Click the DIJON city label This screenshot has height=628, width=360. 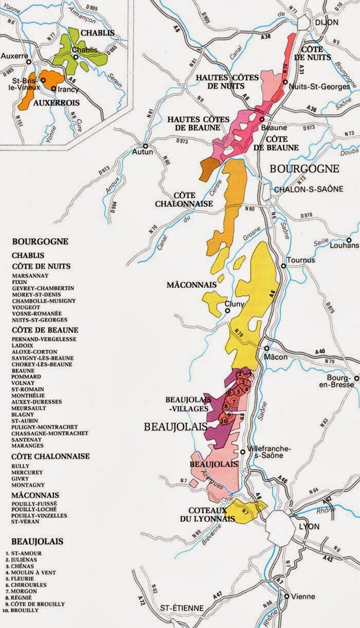[327, 23]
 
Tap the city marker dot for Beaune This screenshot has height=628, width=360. [262, 119]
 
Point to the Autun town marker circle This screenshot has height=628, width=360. [146, 146]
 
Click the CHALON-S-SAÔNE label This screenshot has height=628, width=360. [301, 189]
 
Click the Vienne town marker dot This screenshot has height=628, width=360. [286, 596]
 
